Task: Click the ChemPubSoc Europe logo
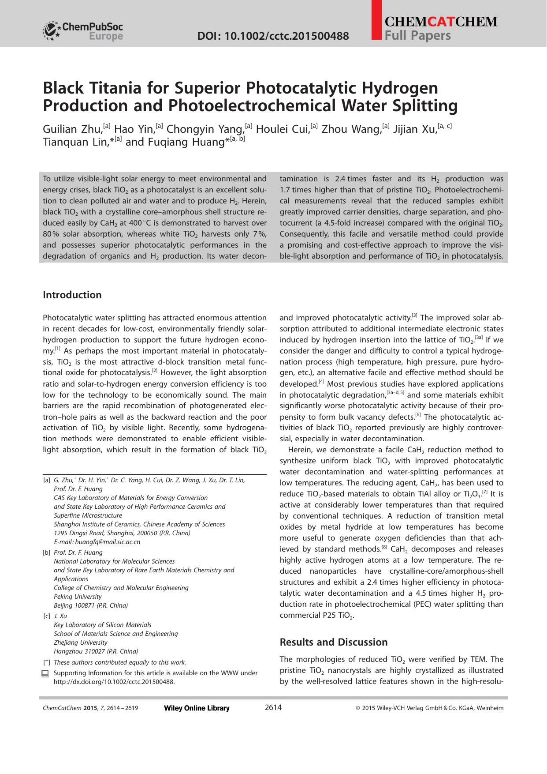click(83, 31)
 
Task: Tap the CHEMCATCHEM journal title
click(441, 22)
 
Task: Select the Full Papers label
click(418, 36)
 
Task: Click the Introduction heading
click(72, 295)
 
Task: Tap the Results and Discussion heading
click(334, 642)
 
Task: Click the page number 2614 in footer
click(273, 708)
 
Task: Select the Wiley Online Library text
click(197, 708)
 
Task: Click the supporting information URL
click(114, 682)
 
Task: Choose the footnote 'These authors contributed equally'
click(119, 662)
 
